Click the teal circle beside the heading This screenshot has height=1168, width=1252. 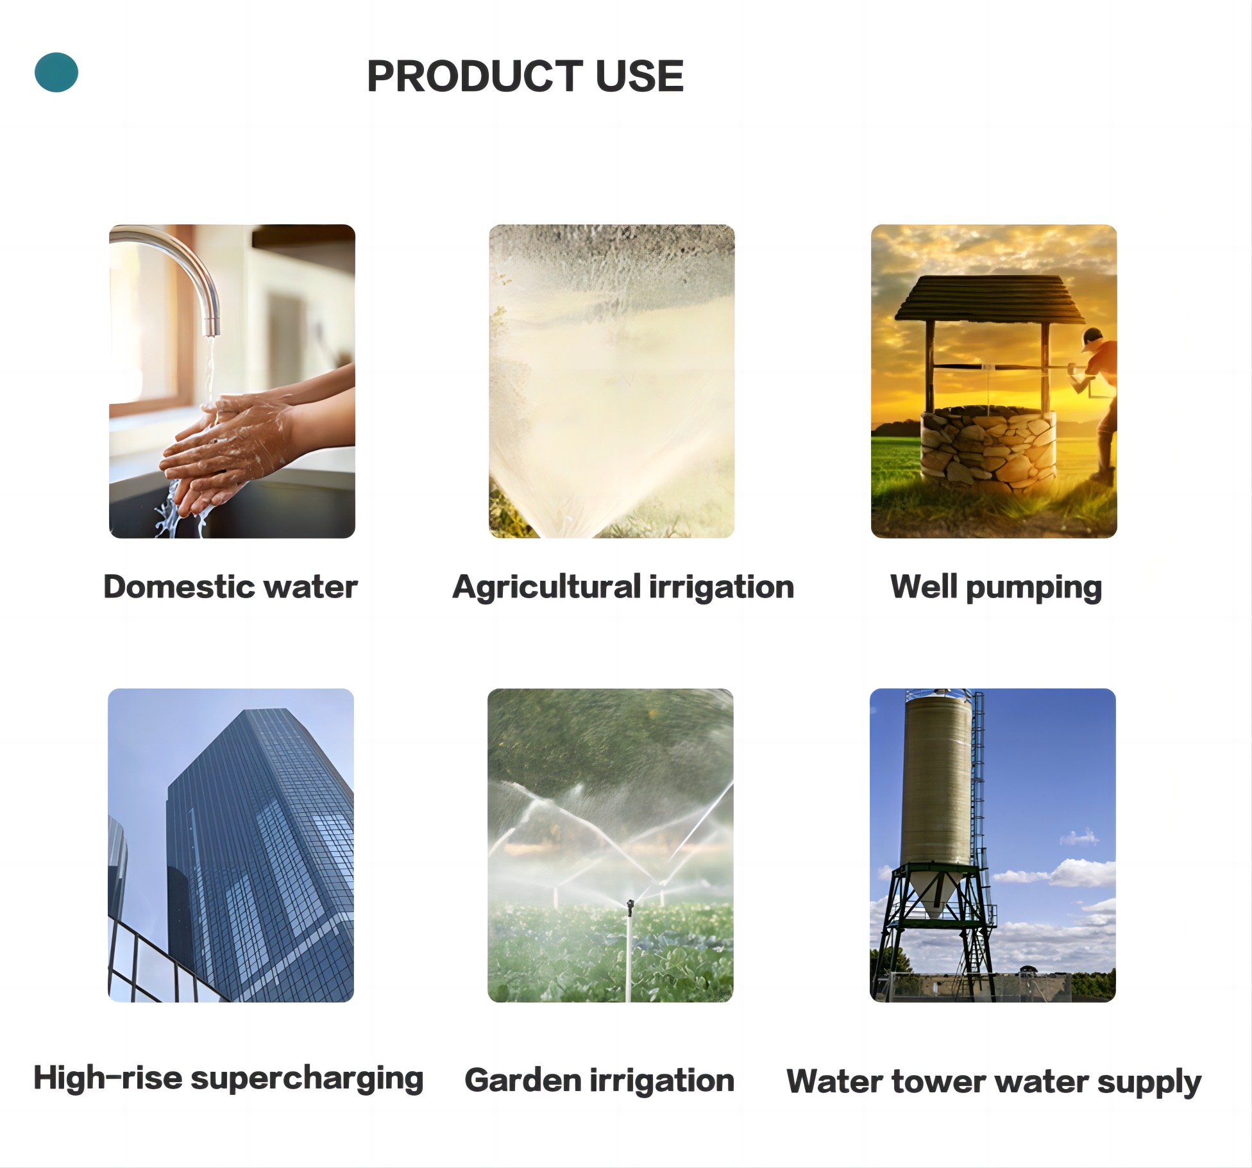56,72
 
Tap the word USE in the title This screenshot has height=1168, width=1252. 639,76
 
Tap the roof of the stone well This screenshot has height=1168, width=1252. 988,299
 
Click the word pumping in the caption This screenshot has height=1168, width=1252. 1033,588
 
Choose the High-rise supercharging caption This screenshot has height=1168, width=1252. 228,1078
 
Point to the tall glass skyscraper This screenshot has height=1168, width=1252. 260,853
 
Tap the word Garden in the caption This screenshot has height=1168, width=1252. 522,1080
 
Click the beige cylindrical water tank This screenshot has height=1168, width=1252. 936,782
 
